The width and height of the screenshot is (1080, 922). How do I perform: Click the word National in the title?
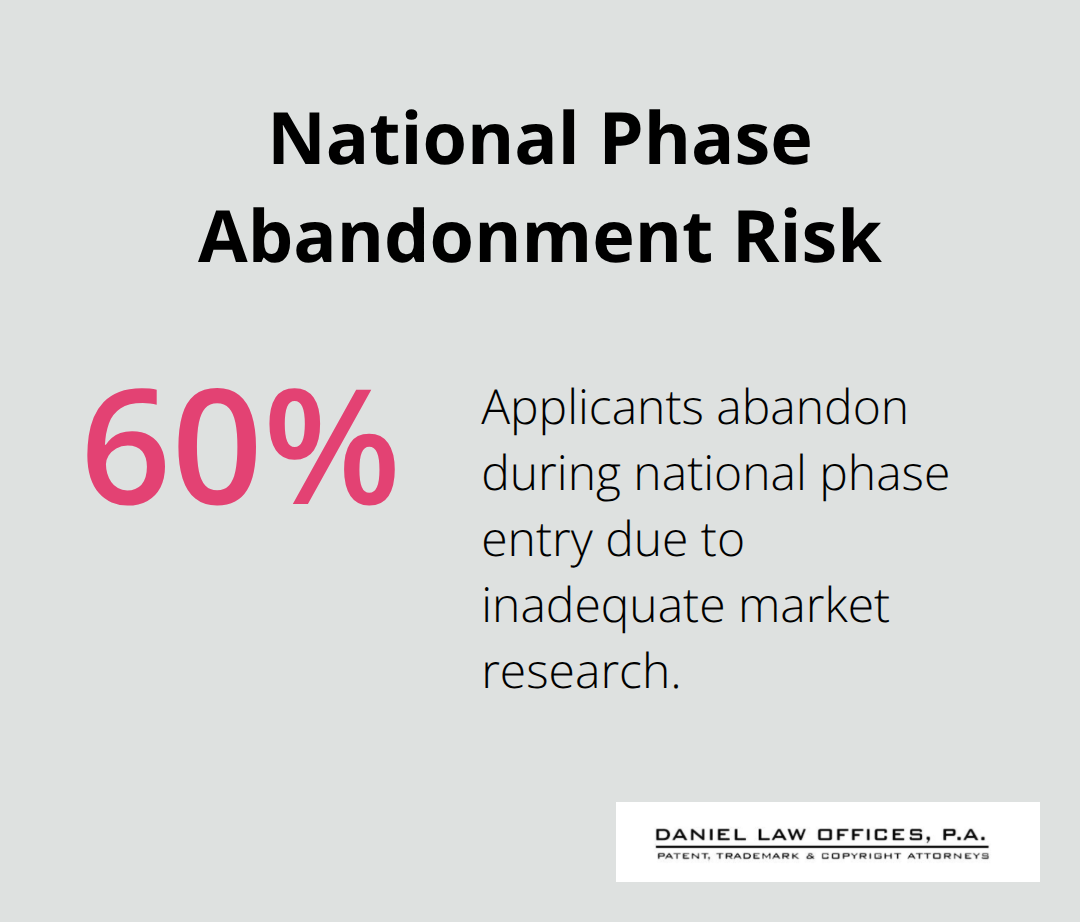(x=423, y=139)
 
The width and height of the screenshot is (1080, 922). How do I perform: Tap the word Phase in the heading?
(x=706, y=139)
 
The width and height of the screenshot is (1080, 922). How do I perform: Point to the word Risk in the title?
(x=808, y=237)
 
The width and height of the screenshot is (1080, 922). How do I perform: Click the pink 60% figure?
(x=240, y=446)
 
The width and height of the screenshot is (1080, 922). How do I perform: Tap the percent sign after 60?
(x=332, y=446)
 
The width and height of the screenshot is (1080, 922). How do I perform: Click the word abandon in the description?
(x=812, y=408)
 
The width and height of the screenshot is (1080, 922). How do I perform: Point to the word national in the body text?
(x=720, y=474)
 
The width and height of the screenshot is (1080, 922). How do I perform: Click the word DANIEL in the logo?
(x=691, y=835)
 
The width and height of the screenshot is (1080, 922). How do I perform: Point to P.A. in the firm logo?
(x=964, y=835)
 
